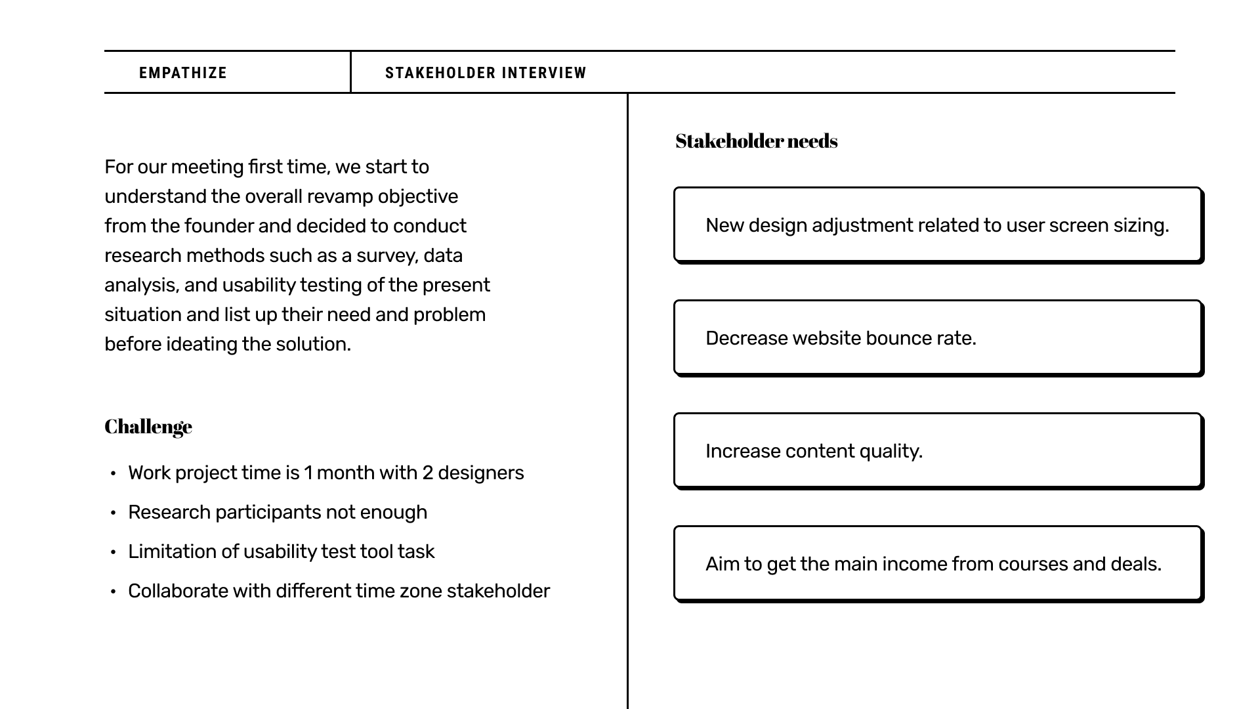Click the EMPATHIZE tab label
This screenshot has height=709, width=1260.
[x=182, y=73]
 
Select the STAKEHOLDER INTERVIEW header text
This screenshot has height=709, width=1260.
[x=486, y=73]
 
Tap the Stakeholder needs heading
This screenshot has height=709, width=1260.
[x=756, y=141]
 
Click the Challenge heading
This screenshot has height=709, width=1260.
[x=148, y=427]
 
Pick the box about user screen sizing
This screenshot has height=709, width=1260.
[x=937, y=225]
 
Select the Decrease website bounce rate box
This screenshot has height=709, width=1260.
[x=937, y=338]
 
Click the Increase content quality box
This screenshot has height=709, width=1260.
[x=937, y=451]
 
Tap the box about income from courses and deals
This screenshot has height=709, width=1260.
[x=937, y=564]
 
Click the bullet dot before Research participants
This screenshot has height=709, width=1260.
[x=114, y=513]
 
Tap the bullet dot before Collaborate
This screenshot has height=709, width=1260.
[x=114, y=591]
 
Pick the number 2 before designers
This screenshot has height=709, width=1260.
[x=427, y=473]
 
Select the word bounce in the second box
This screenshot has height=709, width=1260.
[x=896, y=338]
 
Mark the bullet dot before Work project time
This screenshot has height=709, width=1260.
[x=114, y=473]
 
